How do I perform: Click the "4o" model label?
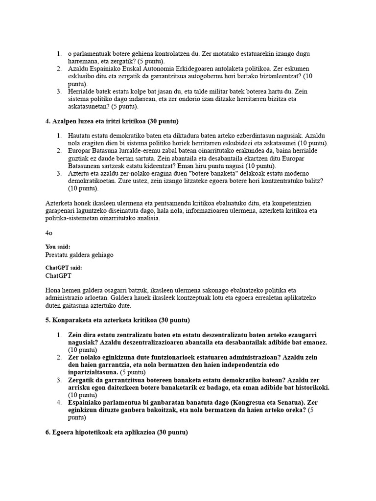click(x=49, y=233)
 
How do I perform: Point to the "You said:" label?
click(x=58, y=247)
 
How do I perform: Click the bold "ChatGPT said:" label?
click(x=64, y=268)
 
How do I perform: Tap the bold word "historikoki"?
click(x=310, y=388)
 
